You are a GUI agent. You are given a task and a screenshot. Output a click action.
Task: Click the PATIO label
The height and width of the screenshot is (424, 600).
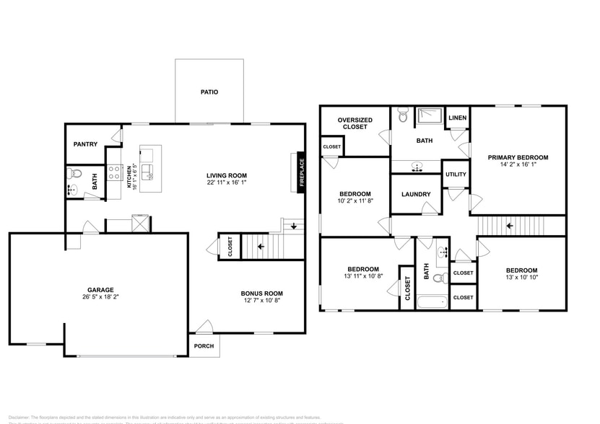tap(209, 92)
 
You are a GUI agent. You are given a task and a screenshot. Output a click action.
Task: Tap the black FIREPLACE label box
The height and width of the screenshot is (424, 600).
tap(302, 174)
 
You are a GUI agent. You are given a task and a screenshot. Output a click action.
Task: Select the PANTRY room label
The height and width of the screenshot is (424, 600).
tap(85, 144)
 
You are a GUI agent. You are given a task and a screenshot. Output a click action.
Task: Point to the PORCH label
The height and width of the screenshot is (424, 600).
tap(204, 345)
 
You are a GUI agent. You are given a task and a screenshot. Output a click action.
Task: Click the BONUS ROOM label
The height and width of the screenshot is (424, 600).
tap(261, 293)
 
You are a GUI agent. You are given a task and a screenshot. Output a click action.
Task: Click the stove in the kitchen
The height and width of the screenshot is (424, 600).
tap(114, 172)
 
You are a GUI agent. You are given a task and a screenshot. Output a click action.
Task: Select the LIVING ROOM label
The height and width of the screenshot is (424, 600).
tap(227, 175)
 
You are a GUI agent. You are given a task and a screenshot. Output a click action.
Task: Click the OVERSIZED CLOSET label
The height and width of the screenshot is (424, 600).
tap(355, 123)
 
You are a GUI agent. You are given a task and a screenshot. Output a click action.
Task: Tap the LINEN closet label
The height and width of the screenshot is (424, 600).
tap(457, 118)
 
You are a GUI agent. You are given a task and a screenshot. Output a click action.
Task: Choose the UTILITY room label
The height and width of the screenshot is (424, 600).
tap(456, 174)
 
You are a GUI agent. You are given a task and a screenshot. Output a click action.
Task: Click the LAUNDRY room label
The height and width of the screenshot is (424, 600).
tap(415, 194)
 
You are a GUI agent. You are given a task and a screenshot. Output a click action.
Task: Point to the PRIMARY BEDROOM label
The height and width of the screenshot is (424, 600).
tap(518, 157)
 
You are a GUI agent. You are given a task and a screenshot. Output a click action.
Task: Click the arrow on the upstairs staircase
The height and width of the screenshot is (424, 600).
tap(510, 226)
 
